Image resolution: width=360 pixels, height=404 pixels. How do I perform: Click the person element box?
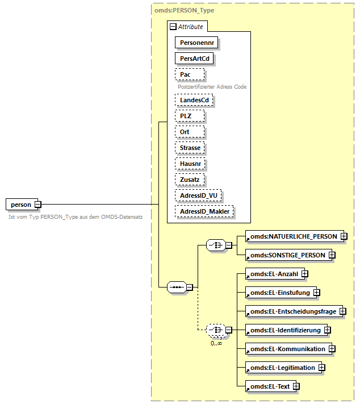20,204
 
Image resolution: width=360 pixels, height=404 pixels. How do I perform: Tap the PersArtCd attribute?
196,58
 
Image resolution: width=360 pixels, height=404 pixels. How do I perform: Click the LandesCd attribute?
194,100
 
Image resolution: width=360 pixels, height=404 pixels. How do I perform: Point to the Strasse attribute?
190,148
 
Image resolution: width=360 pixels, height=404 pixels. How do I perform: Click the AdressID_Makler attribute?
205,211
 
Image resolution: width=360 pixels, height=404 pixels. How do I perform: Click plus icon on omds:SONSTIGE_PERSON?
332,255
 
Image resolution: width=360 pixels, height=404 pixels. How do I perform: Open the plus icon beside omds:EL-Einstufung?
317,293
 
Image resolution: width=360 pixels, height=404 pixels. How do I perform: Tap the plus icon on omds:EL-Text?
296,387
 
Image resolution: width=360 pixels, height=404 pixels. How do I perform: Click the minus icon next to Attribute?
173,27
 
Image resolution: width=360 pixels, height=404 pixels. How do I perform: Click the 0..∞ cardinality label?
215,343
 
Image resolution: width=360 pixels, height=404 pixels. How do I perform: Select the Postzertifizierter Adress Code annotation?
212,87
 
